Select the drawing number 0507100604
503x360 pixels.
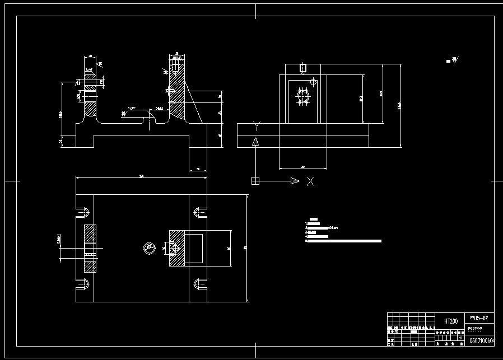click(x=482, y=340)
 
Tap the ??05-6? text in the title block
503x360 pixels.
click(x=481, y=317)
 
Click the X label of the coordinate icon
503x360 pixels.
click(x=310, y=181)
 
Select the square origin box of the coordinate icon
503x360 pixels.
click(x=255, y=180)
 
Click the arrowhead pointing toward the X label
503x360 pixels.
click(x=295, y=180)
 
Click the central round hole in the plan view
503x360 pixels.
click(x=149, y=247)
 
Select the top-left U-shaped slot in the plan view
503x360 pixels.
click(x=85, y=212)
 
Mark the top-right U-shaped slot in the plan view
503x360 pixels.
click(x=198, y=212)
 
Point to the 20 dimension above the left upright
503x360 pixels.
click(x=90, y=57)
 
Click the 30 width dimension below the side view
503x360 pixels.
click(x=303, y=167)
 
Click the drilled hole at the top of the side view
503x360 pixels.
click(x=302, y=69)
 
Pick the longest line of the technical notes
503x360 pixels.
click(x=344, y=241)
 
